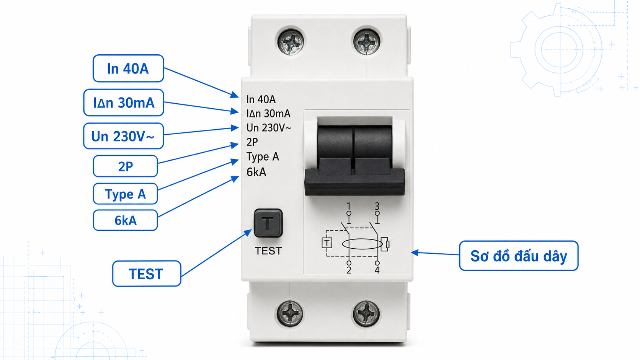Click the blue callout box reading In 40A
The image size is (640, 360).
click(128, 68)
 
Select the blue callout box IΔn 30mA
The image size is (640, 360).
click(124, 103)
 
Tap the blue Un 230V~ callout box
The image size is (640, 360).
click(123, 136)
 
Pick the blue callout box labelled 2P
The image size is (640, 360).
click(126, 166)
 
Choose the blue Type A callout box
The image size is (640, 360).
click(126, 194)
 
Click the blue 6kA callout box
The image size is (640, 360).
click(126, 220)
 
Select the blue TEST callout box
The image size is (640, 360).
click(147, 274)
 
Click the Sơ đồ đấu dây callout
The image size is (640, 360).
click(519, 256)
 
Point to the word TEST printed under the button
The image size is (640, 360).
click(268, 251)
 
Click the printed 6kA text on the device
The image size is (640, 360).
click(256, 172)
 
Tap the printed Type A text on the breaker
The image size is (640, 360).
click(263, 157)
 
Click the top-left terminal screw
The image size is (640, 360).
click(291, 42)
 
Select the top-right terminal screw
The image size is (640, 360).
click(367, 42)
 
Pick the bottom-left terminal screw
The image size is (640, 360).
click(290, 313)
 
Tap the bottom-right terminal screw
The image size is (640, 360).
click(366, 313)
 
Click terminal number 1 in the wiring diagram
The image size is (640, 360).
click(349, 206)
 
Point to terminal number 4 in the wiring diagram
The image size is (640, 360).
click(377, 270)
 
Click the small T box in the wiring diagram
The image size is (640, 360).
click(327, 243)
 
